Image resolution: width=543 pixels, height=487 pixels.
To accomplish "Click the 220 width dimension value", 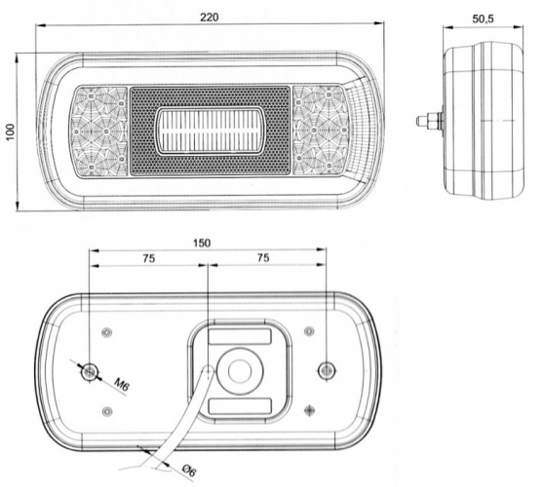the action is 210,17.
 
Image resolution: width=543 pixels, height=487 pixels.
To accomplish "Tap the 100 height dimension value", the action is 11,131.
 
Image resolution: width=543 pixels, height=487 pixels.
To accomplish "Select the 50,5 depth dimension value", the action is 483,19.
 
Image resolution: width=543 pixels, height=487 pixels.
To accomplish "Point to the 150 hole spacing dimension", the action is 202,243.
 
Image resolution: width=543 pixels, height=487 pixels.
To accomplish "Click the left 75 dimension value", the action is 148,258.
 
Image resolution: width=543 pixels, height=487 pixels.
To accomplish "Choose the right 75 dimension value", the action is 263,258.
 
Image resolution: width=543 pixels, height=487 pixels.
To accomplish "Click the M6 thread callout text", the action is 121,385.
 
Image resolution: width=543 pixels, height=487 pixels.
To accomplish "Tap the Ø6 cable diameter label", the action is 189,470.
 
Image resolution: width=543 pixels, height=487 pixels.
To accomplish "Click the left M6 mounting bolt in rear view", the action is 90,371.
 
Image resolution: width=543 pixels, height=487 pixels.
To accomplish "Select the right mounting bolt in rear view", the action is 327,371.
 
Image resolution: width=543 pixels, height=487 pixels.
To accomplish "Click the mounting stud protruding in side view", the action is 429,121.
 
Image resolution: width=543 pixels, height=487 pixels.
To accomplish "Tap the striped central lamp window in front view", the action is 210,131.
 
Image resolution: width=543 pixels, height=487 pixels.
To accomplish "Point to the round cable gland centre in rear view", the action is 240,371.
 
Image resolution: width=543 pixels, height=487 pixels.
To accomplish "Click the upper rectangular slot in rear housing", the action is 240,337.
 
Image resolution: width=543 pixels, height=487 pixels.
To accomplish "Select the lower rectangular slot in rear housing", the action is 240,406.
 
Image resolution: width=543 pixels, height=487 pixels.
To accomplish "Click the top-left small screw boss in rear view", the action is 107,332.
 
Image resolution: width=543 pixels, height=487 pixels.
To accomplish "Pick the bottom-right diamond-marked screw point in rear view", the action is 309,410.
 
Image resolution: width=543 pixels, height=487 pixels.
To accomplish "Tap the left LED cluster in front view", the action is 99,131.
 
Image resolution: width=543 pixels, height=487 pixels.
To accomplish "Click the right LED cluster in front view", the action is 321,131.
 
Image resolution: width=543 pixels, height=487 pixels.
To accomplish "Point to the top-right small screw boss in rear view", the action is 309,331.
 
